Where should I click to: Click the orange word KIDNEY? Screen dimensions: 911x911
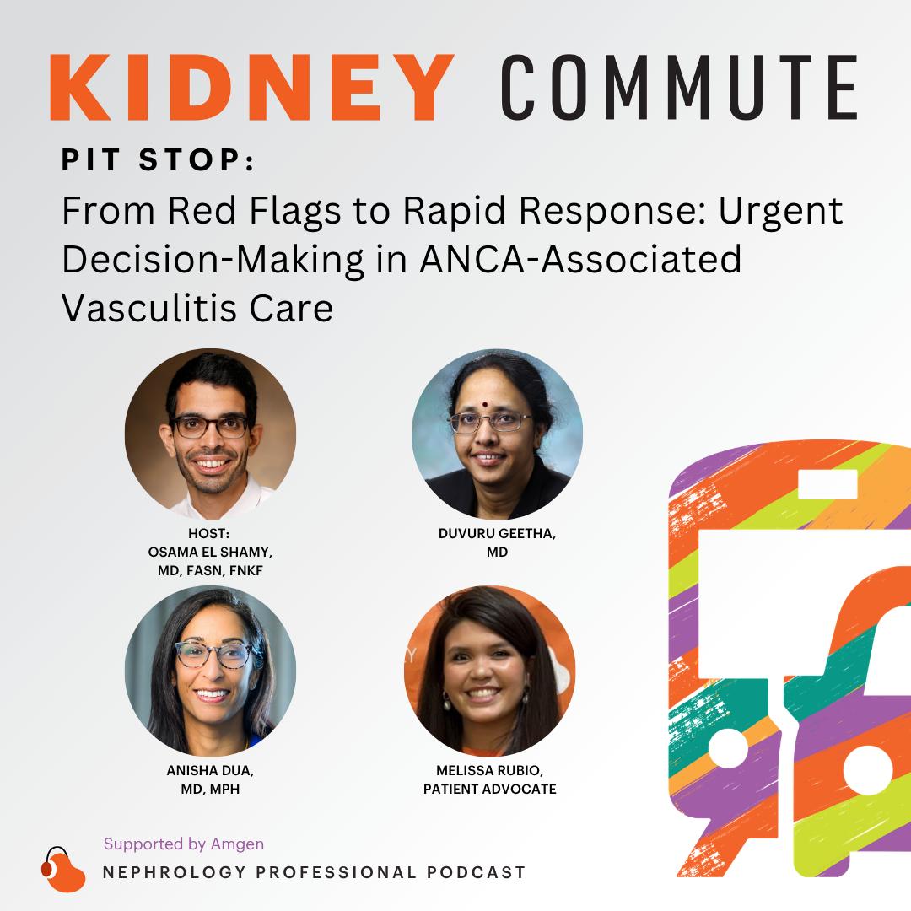(x=252, y=87)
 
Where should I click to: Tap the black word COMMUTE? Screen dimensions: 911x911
(x=679, y=87)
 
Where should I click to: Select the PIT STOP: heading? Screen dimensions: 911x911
(x=158, y=159)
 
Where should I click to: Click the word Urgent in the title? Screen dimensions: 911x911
(x=781, y=212)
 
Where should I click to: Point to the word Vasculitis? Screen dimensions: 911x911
(x=149, y=308)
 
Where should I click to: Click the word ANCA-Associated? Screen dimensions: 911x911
(x=580, y=259)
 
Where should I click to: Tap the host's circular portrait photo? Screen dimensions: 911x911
(x=210, y=434)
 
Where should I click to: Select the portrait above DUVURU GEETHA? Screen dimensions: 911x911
(x=498, y=434)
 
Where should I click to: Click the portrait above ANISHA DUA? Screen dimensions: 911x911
(x=210, y=671)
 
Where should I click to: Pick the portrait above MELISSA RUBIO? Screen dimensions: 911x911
(x=490, y=671)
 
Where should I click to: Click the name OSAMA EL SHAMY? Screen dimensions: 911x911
(x=210, y=552)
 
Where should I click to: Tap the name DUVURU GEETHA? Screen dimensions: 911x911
(x=498, y=534)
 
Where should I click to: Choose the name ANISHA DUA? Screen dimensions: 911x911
(x=210, y=770)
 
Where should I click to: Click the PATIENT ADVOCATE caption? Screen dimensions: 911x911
(x=490, y=789)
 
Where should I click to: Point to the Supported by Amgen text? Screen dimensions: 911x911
(x=184, y=844)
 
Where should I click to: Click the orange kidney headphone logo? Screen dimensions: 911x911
(x=62, y=869)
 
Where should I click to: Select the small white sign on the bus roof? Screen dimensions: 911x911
(x=827, y=484)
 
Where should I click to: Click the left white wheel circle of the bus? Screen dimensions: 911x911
(x=729, y=750)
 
